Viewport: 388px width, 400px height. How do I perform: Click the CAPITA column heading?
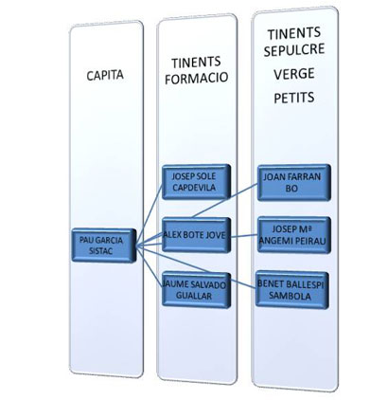coord(105,76)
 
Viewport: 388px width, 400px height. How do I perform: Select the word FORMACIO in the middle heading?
coord(196,78)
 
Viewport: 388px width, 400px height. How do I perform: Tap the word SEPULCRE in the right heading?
coord(294,50)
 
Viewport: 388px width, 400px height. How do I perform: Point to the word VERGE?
coord(294,74)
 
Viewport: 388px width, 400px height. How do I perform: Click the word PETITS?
coord(294,98)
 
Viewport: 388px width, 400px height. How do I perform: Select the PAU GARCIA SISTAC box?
coord(104,245)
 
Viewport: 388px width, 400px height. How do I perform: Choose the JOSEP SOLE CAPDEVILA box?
coord(196,182)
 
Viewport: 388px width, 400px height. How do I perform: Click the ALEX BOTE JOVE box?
coord(196,235)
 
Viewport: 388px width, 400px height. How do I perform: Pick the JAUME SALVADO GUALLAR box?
coord(196,290)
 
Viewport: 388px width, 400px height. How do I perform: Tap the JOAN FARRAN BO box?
coord(294,182)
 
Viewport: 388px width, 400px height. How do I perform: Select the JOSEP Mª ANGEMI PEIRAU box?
coord(294,235)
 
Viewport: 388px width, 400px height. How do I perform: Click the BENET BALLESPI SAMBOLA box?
coord(292,290)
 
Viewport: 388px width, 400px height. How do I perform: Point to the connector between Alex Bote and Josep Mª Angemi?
coord(244,236)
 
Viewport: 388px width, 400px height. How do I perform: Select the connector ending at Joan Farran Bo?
coord(225,201)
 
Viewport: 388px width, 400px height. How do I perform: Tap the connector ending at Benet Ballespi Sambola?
coord(243,283)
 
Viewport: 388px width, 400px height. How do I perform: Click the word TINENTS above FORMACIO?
coord(196,63)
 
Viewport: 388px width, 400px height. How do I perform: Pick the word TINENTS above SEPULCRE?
coord(294,33)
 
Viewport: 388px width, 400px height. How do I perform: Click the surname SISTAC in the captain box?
coord(101,251)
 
